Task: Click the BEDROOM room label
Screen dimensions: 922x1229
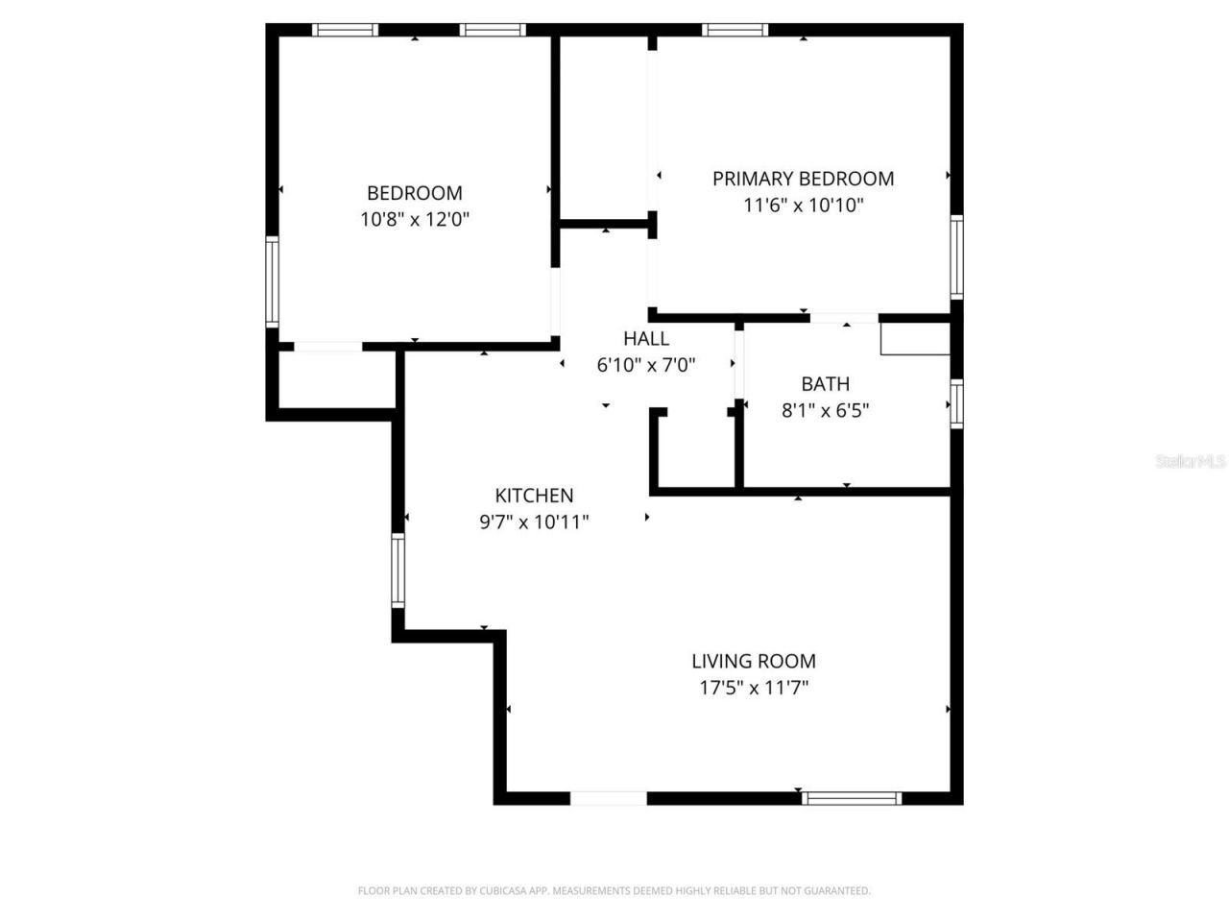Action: click(415, 193)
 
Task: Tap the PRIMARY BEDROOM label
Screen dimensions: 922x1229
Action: click(803, 179)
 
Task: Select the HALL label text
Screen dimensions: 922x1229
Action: click(646, 338)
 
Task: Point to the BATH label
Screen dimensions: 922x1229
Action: click(825, 384)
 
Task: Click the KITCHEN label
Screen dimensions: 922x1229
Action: click(534, 496)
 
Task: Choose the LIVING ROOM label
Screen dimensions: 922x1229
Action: click(754, 661)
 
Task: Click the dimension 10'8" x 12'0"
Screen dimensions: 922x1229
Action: click(415, 220)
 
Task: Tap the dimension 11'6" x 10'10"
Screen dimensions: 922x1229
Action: click(803, 205)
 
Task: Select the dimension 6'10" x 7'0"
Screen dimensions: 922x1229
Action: click(646, 365)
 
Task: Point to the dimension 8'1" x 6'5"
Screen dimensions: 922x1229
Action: click(825, 411)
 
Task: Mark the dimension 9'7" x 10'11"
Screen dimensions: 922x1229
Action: click(534, 522)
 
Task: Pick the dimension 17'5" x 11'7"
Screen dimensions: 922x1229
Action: click(754, 688)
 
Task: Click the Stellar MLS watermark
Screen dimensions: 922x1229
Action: click(1191, 462)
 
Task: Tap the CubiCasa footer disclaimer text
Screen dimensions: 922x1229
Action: click(614, 891)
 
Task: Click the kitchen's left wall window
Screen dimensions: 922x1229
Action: click(398, 570)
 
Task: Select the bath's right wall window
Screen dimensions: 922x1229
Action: click(956, 403)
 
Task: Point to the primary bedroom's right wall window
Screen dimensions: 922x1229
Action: click(956, 256)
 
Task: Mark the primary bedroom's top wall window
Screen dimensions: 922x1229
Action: click(735, 30)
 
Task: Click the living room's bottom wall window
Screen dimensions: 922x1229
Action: click(852, 798)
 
